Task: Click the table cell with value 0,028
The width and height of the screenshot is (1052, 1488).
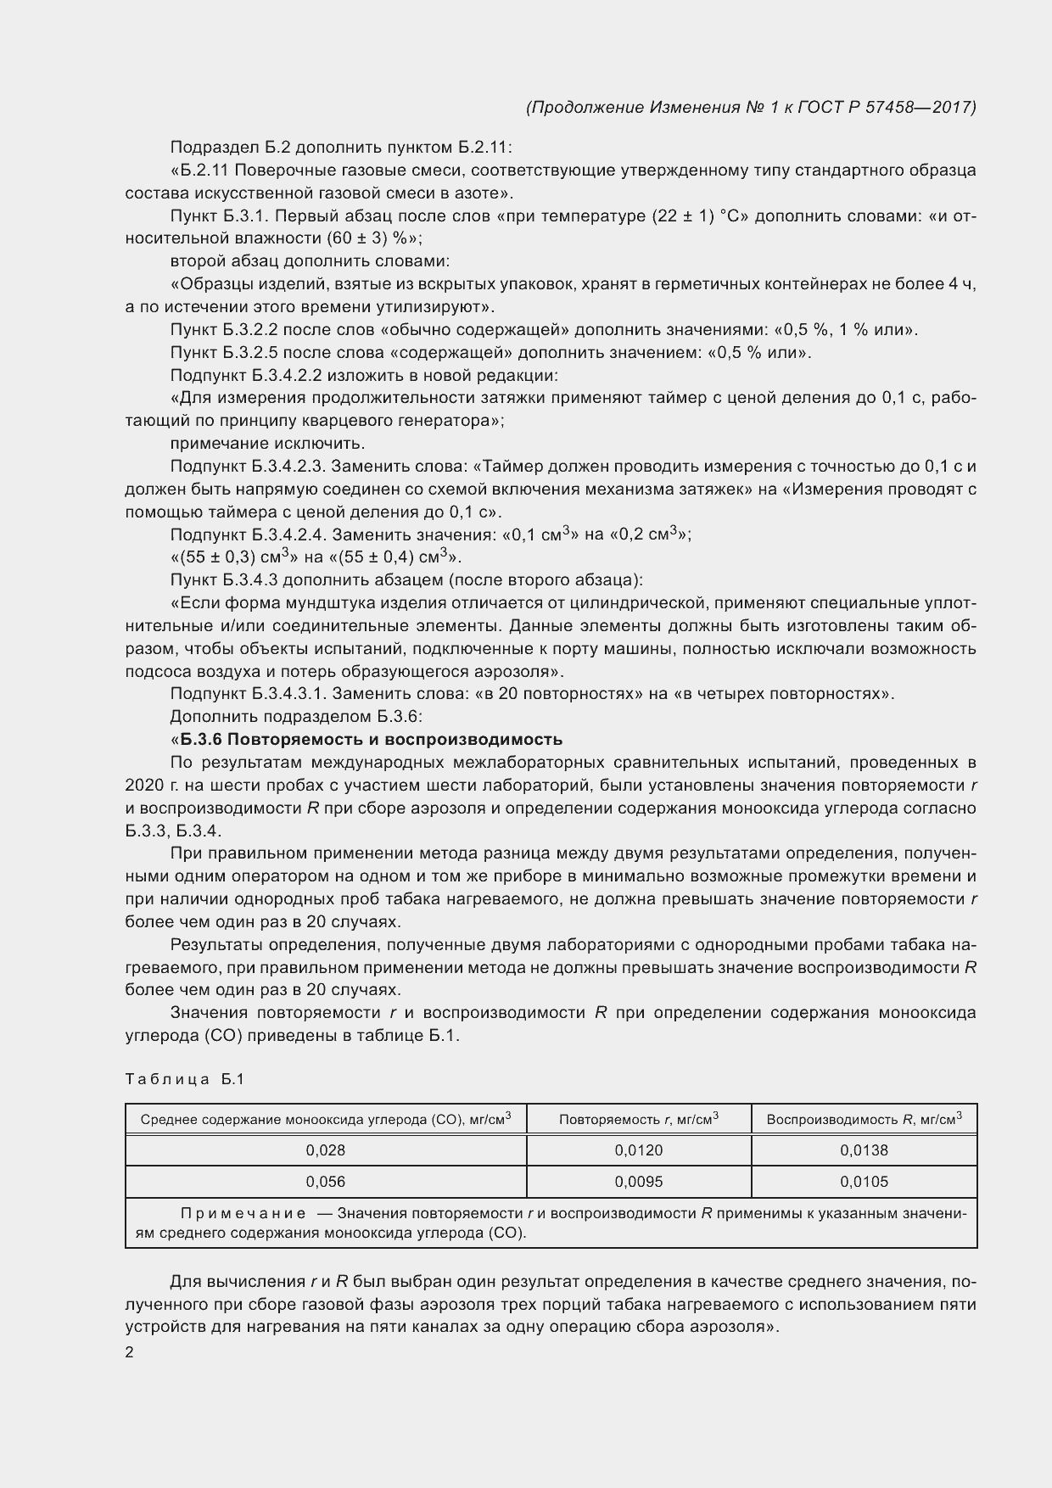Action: point(326,1150)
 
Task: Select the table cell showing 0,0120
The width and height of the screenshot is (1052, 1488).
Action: point(638,1150)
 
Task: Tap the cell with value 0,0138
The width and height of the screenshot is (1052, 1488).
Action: point(864,1150)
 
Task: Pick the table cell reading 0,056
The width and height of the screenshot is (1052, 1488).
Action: point(326,1182)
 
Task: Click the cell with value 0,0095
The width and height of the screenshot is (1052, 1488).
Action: point(638,1182)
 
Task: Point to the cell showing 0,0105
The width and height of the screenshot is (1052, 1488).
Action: point(864,1182)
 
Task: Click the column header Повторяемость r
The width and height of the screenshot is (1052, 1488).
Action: point(638,1119)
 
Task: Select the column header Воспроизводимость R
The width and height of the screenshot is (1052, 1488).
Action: point(864,1119)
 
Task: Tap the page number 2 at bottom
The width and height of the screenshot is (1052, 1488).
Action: point(129,1353)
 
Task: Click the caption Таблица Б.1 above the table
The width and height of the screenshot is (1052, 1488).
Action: point(185,1079)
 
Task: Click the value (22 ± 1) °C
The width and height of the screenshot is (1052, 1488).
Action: point(698,216)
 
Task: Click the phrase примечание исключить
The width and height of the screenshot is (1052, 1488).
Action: point(267,444)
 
